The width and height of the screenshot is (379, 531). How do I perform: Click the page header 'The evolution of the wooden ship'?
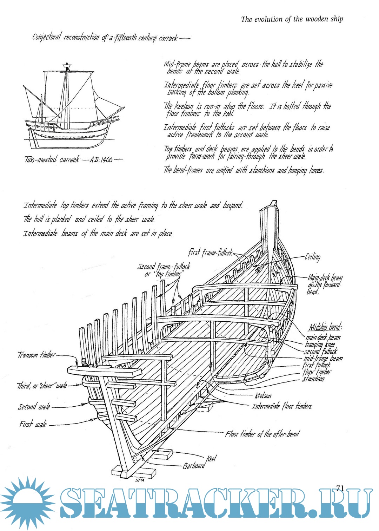click(292, 19)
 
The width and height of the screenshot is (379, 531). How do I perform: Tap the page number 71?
click(340, 488)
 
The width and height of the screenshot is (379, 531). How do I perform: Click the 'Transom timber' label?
click(36, 355)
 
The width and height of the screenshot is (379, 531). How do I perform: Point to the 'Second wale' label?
click(34, 407)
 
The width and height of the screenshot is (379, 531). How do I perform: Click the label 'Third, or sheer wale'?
click(42, 386)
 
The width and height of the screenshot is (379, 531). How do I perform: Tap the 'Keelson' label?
click(263, 396)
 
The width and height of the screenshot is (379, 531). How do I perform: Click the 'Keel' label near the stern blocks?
click(211, 458)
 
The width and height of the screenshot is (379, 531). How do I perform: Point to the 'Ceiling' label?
click(312, 257)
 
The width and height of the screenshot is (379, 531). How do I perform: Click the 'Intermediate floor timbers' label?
click(281, 406)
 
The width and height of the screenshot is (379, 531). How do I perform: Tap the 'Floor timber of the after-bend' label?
click(262, 434)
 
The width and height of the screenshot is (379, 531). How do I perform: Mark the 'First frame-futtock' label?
click(210, 253)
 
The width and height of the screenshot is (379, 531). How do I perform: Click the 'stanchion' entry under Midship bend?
click(313, 379)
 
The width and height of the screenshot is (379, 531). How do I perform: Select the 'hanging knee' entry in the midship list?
click(320, 345)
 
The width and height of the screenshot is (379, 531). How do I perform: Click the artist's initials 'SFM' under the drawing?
click(140, 480)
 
